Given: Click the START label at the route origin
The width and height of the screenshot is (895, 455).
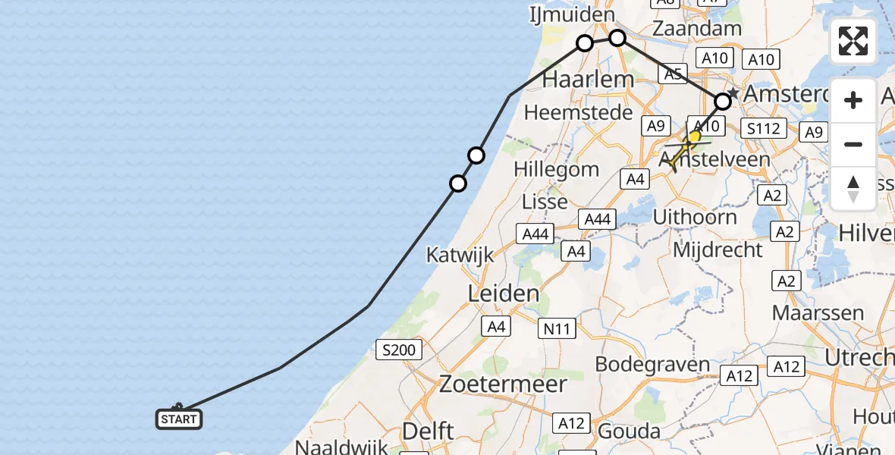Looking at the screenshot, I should coord(179,419).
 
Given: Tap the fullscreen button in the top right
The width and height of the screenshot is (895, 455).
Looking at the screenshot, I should coord(853,41).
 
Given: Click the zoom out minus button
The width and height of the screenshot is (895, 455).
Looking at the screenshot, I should coord(853,144).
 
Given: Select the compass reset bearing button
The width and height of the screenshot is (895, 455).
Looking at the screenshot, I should coord(853,188).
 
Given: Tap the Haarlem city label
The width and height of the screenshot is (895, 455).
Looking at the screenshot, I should coord(589,79).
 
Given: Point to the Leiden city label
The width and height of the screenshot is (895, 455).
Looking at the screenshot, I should coord(504,293).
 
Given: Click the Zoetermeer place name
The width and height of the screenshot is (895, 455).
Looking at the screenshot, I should coord(504,384).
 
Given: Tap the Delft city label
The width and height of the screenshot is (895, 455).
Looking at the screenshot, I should coord(429,431).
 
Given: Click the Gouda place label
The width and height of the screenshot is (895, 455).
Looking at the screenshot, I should coord(629,431).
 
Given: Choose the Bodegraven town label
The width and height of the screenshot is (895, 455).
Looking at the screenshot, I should coord(652,364).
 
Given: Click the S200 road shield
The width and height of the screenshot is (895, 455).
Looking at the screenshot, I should coord(399,350).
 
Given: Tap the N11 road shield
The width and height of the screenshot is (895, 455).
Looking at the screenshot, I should coord(557,328).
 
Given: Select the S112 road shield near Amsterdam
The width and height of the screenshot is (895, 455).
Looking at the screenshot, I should coord(763,129).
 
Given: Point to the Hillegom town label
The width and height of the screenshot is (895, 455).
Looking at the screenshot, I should coord(556,169).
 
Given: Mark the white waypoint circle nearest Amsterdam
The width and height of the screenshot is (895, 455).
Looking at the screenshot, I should coord(724,100).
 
